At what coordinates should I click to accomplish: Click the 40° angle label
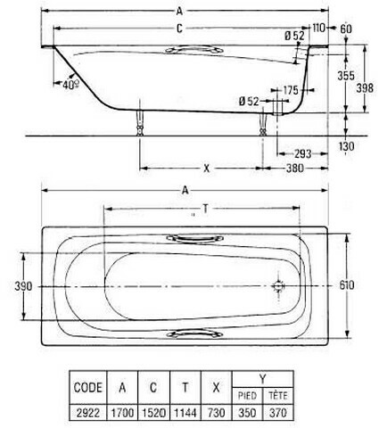click(70, 85)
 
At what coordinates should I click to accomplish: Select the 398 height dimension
click(365, 88)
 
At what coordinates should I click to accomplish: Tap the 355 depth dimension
click(346, 76)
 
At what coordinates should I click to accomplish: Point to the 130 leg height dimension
click(346, 146)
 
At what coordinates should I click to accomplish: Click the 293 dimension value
click(303, 153)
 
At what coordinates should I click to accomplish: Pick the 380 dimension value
click(295, 169)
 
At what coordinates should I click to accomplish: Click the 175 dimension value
click(291, 90)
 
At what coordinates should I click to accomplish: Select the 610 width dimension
click(347, 285)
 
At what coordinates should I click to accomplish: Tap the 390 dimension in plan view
click(23, 286)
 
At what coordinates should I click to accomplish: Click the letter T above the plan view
click(205, 210)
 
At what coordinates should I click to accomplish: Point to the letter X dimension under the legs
click(206, 169)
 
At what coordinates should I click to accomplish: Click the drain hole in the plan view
click(278, 286)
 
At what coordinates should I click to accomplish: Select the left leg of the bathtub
click(140, 122)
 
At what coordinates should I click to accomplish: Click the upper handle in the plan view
click(194, 238)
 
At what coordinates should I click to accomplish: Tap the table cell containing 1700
click(122, 413)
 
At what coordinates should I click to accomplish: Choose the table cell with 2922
click(88, 413)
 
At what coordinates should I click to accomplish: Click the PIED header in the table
click(247, 396)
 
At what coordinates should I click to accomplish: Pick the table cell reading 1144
click(185, 413)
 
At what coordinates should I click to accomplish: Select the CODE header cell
click(88, 387)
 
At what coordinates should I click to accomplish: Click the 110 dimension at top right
click(318, 29)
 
